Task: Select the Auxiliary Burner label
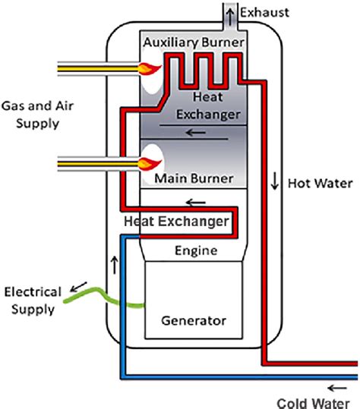coord(193,42)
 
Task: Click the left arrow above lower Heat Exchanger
coord(195,203)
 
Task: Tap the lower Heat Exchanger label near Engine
coord(175,222)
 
